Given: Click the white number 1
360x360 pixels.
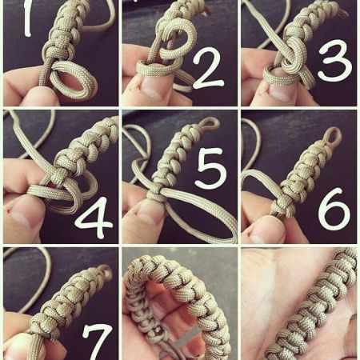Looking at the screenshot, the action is coord(28,18).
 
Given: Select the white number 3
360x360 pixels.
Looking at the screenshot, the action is coord(335,60).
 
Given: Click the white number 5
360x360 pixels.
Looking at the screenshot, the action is coord(211,168).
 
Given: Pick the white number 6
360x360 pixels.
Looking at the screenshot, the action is coord(334,210).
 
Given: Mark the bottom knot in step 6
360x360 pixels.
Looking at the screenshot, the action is coord(283,205).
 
